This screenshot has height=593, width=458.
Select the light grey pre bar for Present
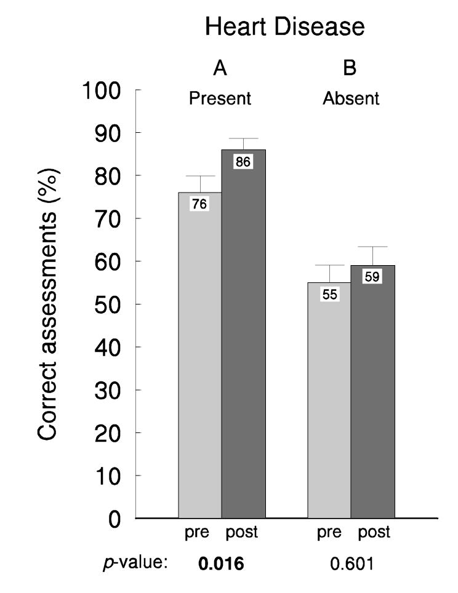pyautogui.click(x=200, y=369)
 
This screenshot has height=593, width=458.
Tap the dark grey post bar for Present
pyautogui.click(x=243, y=344)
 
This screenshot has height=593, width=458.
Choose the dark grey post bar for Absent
pyautogui.click(x=372, y=406)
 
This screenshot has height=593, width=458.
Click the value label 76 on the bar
pyautogui.click(x=199, y=205)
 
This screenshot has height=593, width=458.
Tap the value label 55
pyautogui.click(x=329, y=295)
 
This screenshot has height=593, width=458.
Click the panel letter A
pyautogui.click(x=220, y=69)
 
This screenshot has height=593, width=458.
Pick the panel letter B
pyautogui.click(x=350, y=69)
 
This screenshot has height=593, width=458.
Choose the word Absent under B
pyautogui.click(x=352, y=99)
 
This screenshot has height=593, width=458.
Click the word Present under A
pyautogui.click(x=221, y=99)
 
